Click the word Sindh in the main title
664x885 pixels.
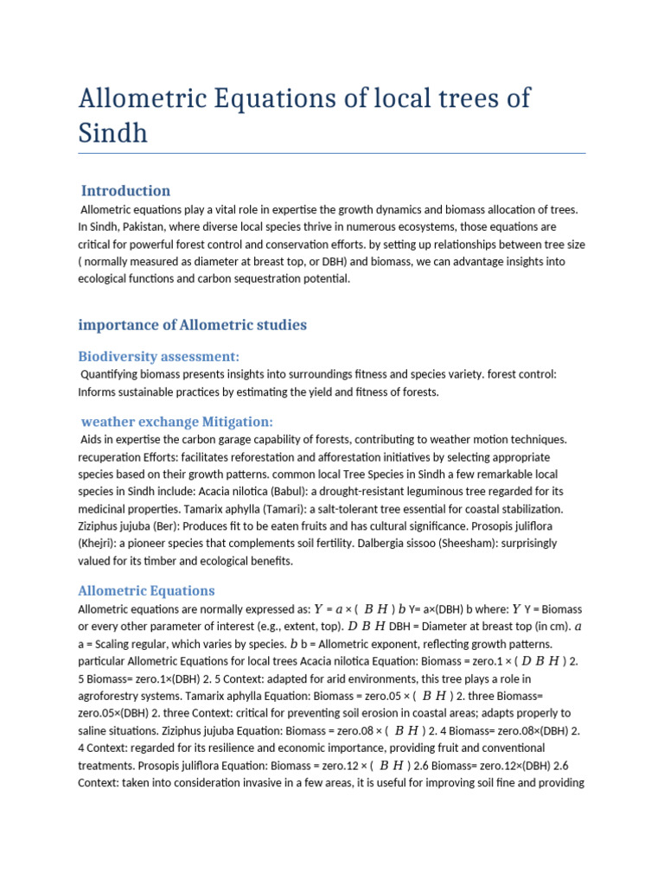[x=113, y=133]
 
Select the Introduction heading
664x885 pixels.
[x=125, y=191]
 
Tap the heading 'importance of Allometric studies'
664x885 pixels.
[x=192, y=325]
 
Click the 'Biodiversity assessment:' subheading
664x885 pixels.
[x=159, y=356]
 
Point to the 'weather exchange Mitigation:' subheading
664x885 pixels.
[x=176, y=422]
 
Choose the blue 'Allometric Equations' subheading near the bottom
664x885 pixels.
[x=146, y=591]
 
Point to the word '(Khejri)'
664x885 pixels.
[x=100, y=544]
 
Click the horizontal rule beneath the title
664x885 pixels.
[x=332, y=154]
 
